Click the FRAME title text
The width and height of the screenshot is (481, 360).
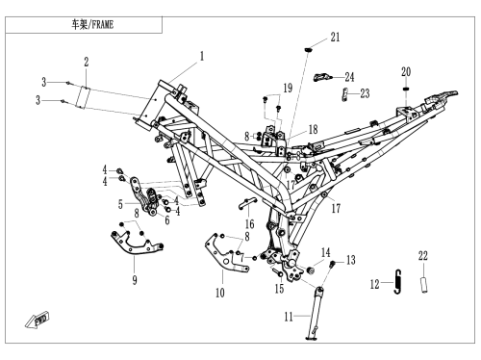click(92, 25)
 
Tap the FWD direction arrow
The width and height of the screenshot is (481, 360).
click(38, 320)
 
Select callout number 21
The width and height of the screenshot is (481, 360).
click(335, 38)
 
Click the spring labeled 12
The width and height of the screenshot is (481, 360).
click(397, 281)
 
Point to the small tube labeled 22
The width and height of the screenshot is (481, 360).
click(424, 284)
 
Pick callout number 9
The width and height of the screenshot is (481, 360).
click(135, 280)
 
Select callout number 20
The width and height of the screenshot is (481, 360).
click(406, 72)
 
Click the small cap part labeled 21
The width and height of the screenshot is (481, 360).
click(308, 50)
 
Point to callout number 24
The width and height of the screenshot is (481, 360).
click(349, 77)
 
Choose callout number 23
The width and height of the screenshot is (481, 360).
click(365, 93)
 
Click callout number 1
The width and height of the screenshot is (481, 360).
click(202, 57)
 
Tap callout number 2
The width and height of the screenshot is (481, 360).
click(87, 62)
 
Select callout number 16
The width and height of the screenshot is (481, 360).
click(249, 224)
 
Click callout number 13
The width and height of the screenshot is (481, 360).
click(351, 260)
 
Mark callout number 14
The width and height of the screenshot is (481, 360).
click(326, 252)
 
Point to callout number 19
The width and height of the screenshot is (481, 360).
click(288, 88)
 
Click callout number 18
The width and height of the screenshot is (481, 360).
click(314, 129)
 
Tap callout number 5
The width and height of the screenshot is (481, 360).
click(120, 204)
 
